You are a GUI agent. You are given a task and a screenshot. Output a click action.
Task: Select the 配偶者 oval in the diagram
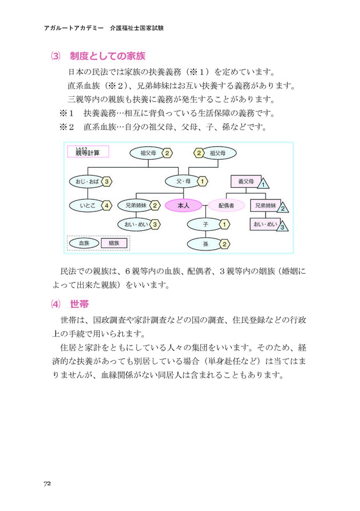point(225,205)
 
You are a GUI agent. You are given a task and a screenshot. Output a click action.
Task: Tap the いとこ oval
point(83,205)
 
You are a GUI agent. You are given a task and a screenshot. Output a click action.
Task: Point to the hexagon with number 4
point(106,205)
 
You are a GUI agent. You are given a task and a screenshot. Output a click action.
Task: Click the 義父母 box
point(245,182)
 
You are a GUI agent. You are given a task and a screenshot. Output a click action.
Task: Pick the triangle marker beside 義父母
point(263,183)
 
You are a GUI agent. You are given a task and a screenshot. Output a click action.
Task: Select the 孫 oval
point(204,244)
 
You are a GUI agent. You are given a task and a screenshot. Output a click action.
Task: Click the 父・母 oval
point(183,182)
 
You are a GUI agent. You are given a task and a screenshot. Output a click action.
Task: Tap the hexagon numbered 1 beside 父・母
point(203,182)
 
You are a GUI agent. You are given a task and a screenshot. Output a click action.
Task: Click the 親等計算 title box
point(88,152)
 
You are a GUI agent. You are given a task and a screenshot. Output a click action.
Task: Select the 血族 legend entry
point(84,243)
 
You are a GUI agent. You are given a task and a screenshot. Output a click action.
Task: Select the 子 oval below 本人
point(204,224)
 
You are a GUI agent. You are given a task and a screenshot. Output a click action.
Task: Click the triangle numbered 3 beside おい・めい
point(282,226)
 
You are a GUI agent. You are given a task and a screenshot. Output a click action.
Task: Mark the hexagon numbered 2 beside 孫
point(225,244)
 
